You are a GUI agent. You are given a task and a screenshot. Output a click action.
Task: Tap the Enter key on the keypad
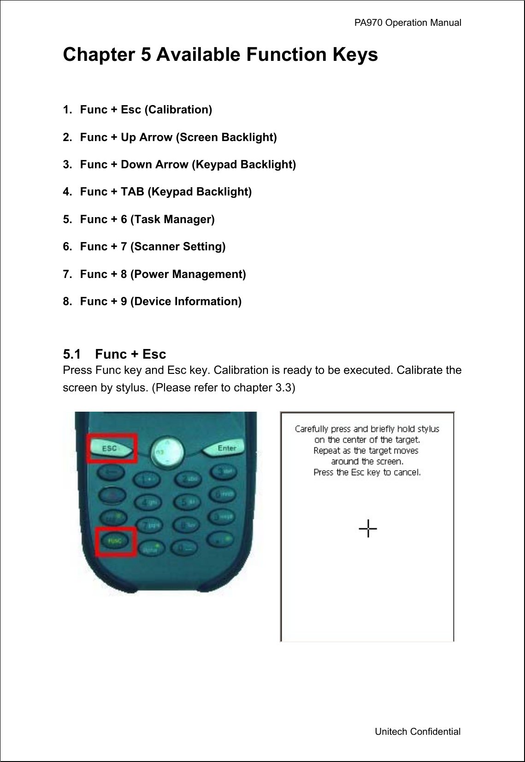226,448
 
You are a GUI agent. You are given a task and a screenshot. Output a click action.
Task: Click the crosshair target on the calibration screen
368,528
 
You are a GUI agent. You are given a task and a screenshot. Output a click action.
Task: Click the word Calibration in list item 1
178,110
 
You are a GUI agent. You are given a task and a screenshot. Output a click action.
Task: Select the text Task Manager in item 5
173,219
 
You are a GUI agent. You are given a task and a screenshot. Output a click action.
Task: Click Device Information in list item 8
186,301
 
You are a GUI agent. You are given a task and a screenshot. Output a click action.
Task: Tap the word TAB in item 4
132,192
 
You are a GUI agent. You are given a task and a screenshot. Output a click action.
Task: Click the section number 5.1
72,354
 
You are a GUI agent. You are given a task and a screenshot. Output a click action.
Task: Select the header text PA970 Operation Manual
407,23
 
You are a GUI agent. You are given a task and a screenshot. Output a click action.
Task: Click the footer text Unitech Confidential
417,732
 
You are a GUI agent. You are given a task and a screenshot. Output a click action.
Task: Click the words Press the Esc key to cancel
367,472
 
